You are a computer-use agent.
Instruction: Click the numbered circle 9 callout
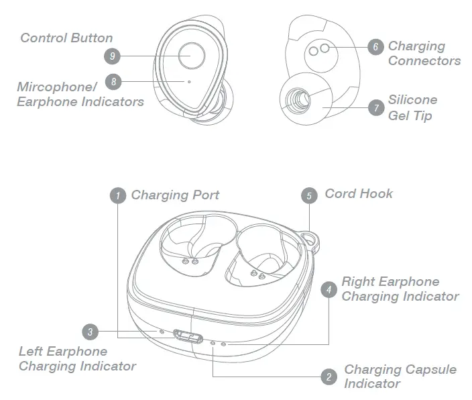click(113, 56)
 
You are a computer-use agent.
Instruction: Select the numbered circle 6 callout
click(375, 46)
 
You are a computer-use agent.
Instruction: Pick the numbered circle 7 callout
click(376, 107)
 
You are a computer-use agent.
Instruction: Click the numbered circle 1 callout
click(118, 195)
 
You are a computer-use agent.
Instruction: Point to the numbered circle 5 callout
click(309, 195)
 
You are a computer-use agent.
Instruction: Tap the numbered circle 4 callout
click(329, 289)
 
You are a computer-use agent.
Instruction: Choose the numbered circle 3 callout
click(91, 332)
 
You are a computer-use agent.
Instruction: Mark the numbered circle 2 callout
click(329, 377)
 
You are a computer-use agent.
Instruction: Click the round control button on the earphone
click(192, 55)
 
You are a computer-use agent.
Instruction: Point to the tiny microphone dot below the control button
click(189, 82)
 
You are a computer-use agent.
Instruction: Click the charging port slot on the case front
click(188, 336)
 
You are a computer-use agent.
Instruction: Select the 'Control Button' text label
click(66, 38)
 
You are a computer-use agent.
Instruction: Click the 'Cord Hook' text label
click(359, 193)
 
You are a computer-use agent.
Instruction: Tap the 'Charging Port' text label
click(175, 195)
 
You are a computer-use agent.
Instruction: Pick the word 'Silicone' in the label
click(412, 99)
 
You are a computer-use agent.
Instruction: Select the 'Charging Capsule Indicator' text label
click(400, 377)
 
